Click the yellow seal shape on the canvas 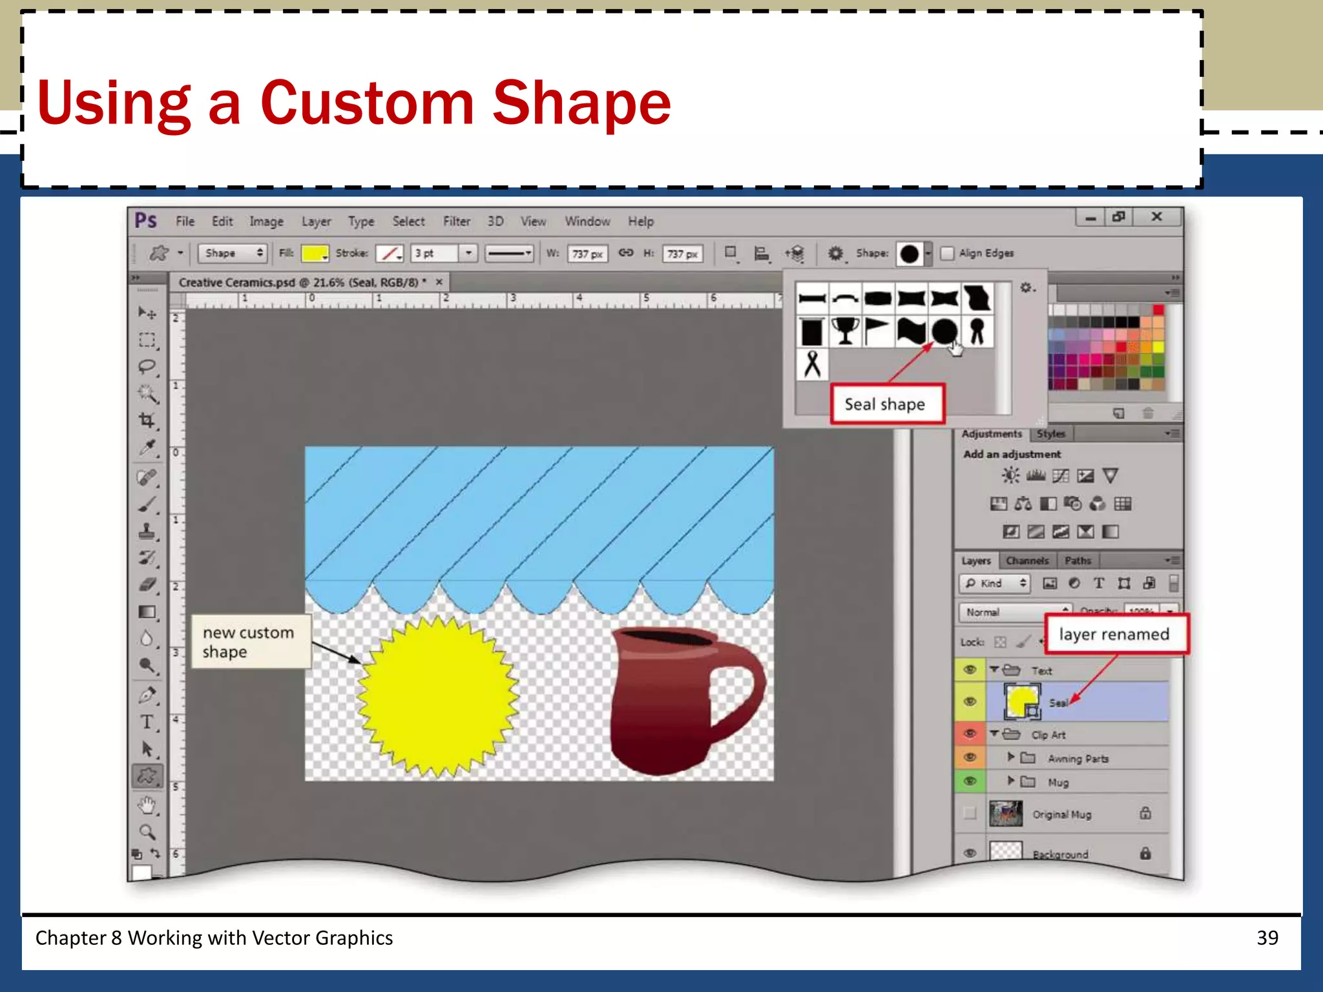[438, 696]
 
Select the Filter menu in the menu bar [456, 222]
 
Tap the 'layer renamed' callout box [1115, 634]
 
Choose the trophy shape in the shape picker [845, 331]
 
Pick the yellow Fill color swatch [314, 253]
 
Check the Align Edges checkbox [947, 253]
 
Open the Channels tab [1026, 561]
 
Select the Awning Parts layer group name [1078, 759]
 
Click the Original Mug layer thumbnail [1005, 814]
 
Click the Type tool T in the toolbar [147, 722]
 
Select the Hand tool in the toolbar [147, 805]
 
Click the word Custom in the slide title [367, 103]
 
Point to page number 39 [1267, 938]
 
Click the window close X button [1157, 217]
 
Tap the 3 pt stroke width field [434, 253]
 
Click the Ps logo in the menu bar [146, 221]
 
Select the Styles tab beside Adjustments [1051, 434]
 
